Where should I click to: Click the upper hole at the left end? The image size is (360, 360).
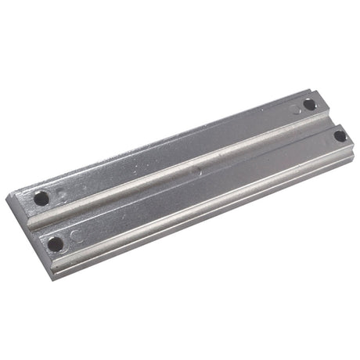(41, 198)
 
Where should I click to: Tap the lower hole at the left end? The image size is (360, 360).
(56, 244)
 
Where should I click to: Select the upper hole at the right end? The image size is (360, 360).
(310, 104)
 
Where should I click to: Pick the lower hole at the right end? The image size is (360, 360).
(340, 135)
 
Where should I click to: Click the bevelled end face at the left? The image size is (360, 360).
(23, 227)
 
